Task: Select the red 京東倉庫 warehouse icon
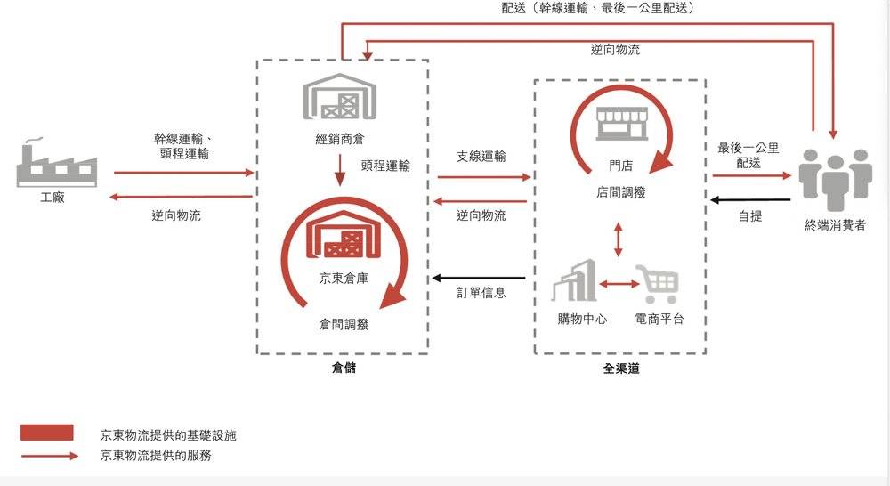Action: (x=343, y=234)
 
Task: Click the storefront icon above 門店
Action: (x=621, y=124)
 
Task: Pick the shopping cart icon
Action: (x=658, y=283)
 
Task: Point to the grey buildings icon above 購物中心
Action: (x=574, y=280)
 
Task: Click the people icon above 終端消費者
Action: (x=836, y=179)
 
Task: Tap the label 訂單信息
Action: (x=481, y=293)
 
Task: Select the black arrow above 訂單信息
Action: (x=479, y=279)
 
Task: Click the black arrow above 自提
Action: (x=750, y=200)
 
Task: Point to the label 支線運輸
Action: (x=481, y=156)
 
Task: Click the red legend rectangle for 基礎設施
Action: (x=46, y=433)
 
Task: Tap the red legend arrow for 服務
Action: (x=49, y=456)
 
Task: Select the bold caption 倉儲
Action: (x=344, y=368)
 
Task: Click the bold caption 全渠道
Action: (x=621, y=369)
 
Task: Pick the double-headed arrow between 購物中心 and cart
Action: (x=619, y=283)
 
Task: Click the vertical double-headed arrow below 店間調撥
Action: (x=619, y=239)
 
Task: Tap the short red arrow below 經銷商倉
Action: (x=339, y=170)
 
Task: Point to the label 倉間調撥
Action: (x=344, y=324)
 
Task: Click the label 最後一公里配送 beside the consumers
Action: (x=748, y=156)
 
